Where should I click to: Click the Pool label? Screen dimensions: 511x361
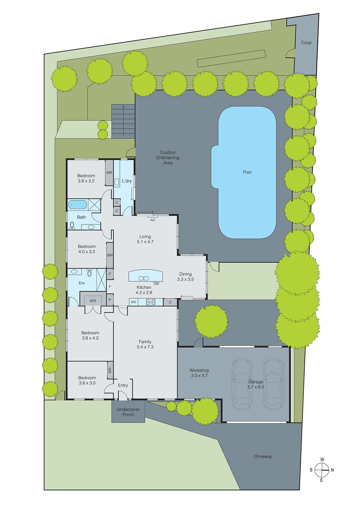pos(247,172)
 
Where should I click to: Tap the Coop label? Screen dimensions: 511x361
pos(306,42)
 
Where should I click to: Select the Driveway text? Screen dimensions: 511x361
pos(263,456)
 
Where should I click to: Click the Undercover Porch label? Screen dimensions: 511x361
pos(128,412)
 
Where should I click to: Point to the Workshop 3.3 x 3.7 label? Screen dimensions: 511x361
pos(199,373)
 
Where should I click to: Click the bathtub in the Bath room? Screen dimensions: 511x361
pos(78,205)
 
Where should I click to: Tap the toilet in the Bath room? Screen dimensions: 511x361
pos(72,225)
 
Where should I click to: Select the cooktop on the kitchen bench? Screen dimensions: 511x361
pos(151,302)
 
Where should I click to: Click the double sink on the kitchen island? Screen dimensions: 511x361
pos(144,278)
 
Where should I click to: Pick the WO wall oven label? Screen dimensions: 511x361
pos(133,302)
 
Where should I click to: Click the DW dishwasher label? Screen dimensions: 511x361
pos(156,284)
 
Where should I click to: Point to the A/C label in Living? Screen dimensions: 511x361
pos(153,220)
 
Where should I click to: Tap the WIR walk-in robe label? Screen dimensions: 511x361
pos(93,301)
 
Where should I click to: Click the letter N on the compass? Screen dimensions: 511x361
pos(332,470)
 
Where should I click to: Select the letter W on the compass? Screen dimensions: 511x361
pos(322,460)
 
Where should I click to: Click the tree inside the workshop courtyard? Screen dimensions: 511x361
pos(211,321)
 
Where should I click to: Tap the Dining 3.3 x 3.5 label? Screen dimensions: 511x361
pos(185,277)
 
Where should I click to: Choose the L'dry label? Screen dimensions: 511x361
pos(127,181)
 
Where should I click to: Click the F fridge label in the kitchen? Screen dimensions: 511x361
pos(110,287)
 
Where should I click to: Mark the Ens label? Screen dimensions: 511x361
pos(82,283)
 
